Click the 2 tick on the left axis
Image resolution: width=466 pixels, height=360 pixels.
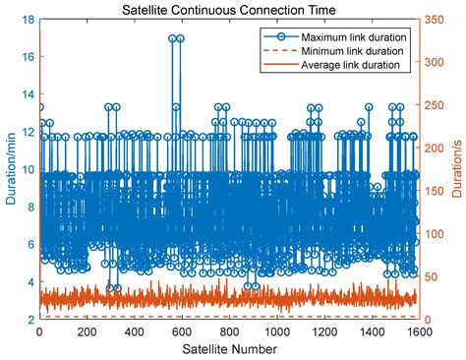point(30,320)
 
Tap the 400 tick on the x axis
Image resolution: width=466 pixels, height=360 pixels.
point(134,331)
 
